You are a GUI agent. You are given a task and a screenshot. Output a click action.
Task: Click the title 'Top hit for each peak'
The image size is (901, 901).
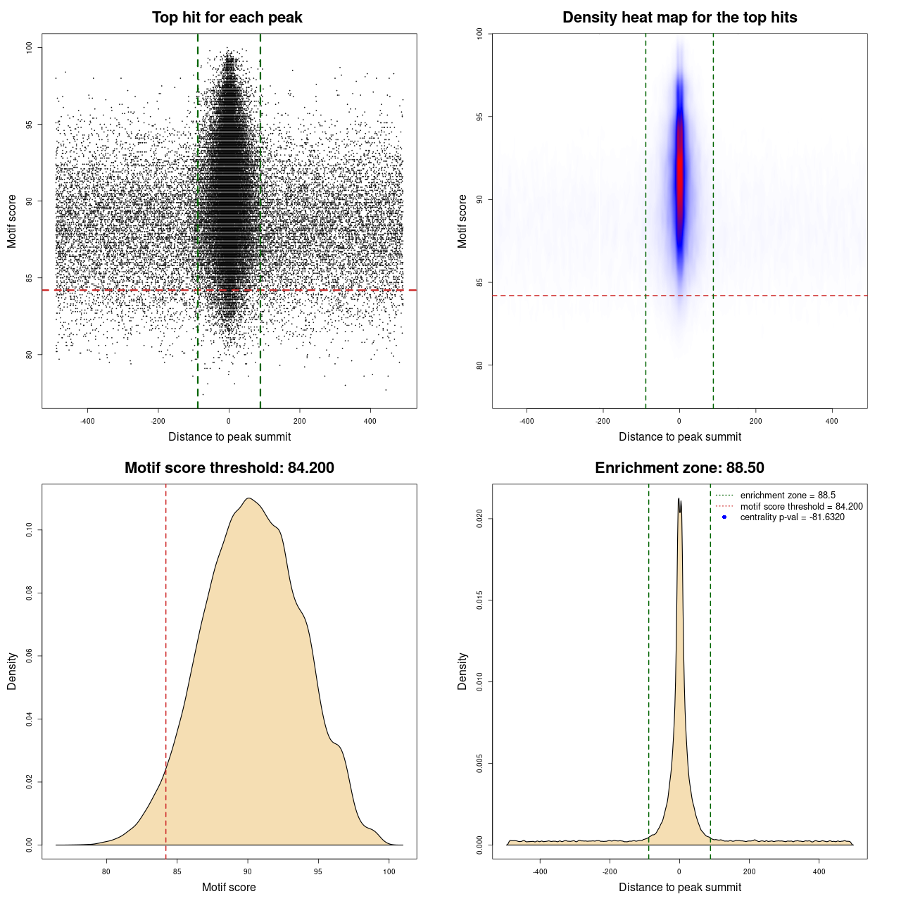click(x=227, y=18)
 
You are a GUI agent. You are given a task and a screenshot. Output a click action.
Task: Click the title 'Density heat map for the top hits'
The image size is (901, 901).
click(x=679, y=18)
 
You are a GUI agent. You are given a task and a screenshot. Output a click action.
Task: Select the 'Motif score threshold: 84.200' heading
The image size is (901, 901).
click(x=229, y=468)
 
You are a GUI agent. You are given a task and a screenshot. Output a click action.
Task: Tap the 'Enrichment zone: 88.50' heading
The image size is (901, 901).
click(x=679, y=468)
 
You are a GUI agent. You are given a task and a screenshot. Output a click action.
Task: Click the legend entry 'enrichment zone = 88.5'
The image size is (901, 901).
click(x=787, y=496)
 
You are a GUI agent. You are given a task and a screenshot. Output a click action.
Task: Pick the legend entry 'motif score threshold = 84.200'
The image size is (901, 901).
click(x=801, y=506)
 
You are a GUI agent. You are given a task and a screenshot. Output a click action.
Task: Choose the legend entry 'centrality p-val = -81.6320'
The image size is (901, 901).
click(x=792, y=517)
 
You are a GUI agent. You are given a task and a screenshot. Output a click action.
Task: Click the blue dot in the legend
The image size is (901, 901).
click(x=724, y=517)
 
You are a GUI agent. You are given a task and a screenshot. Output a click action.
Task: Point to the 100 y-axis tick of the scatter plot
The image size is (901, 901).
click(x=30, y=48)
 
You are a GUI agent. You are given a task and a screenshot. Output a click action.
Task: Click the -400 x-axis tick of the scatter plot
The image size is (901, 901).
click(x=87, y=422)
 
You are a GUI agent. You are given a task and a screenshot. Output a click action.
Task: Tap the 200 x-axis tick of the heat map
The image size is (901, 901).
click(x=755, y=422)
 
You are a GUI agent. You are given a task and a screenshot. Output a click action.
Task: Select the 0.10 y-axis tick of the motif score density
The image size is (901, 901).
click(x=30, y=530)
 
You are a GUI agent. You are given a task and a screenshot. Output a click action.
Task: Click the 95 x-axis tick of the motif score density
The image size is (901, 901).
click(x=318, y=872)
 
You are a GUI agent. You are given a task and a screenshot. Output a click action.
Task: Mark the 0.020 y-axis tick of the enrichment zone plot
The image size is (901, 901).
click(x=480, y=519)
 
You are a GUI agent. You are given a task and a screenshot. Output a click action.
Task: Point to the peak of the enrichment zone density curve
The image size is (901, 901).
click(x=679, y=499)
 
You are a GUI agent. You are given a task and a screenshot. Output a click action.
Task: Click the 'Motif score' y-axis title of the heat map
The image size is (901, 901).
click(x=462, y=221)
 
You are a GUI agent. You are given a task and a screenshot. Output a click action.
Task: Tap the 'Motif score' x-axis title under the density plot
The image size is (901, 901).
click(x=229, y=887)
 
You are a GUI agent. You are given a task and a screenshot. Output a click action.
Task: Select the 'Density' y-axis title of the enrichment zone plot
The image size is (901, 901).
click(x=462, y=671)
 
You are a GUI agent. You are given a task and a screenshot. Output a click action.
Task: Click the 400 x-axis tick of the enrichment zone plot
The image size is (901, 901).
click(x=819, y=872)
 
